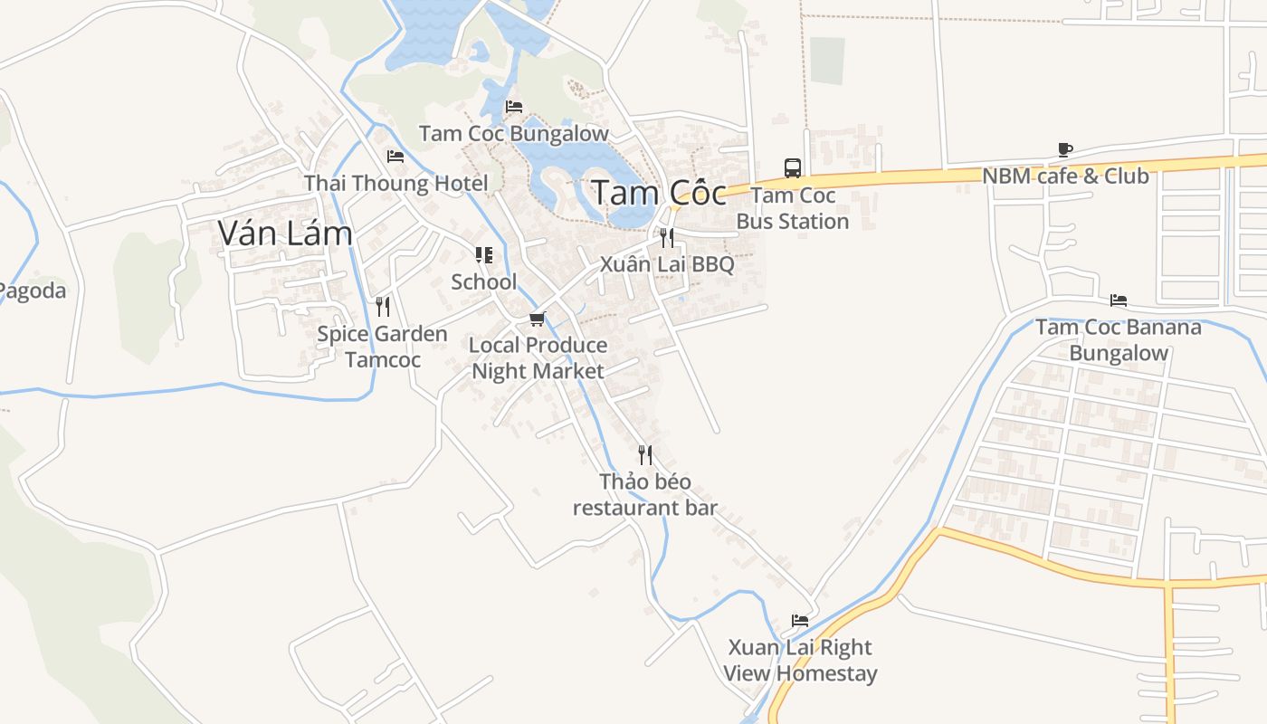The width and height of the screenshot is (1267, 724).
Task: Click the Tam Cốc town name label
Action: [658, 193]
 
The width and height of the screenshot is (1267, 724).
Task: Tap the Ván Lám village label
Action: [285, 233]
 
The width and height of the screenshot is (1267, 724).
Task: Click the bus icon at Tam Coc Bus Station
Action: [793, 167]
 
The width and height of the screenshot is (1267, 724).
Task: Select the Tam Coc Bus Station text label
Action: [793, 208]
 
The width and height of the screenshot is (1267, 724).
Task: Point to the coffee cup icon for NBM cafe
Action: [1065, 149]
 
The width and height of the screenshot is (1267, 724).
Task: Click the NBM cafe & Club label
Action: [1065, 176]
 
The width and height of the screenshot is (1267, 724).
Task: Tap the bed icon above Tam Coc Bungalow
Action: [514, 107]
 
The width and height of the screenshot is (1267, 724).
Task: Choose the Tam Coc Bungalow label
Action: [514, 134]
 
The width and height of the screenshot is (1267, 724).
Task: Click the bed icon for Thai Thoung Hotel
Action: [395, 157]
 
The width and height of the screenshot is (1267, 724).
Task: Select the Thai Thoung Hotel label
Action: [395, 183]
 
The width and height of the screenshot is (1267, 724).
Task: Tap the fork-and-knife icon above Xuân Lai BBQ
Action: [667, 238]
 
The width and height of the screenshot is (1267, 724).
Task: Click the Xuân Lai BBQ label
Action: [667, 264]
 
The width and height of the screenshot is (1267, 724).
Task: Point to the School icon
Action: [484, 255]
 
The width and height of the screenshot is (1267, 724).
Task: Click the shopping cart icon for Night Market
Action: [538, 319]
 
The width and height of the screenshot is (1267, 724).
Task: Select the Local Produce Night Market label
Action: [538, 358]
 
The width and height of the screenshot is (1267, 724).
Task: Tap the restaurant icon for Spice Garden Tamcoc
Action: [382, 307]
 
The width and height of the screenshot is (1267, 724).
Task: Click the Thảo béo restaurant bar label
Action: [645, 494]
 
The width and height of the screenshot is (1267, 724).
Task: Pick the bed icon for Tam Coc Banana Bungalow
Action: [1119, 300]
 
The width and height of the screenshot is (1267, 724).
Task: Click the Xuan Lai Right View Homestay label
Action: [800, 661]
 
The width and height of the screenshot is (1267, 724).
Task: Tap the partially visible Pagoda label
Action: [33, 291]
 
